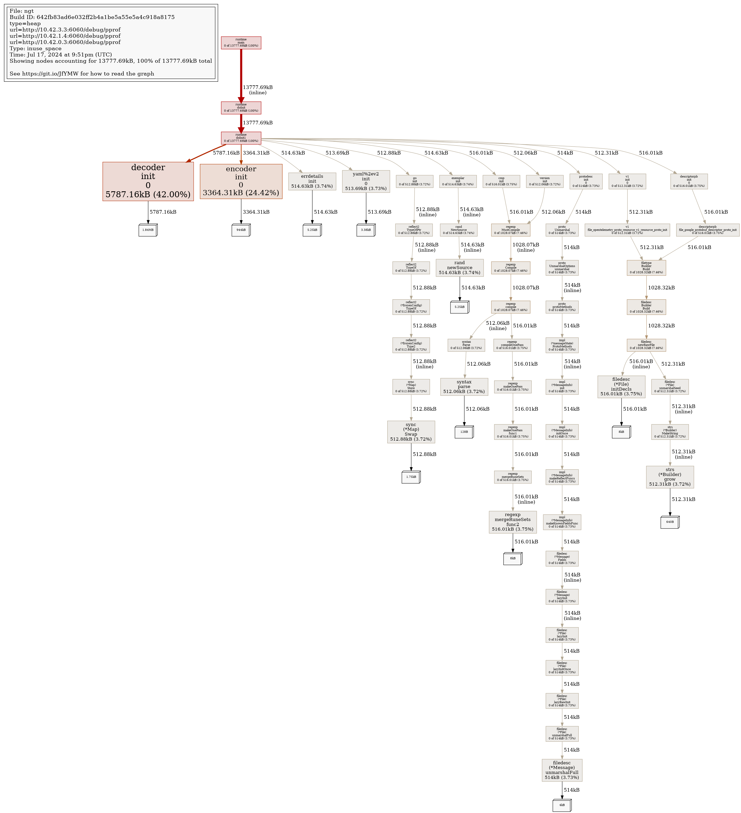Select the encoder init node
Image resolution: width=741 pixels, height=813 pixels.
click(x=241, y=181)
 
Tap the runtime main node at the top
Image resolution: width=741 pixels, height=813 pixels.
click(x=241, y=43)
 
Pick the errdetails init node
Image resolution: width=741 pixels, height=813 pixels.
click(x=312, y=181)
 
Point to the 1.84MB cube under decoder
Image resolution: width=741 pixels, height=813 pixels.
click(x=148, y=230)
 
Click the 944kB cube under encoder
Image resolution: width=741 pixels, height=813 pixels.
click(x=241, y=230)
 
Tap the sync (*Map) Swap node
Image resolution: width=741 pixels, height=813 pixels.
click(x=411, y=432)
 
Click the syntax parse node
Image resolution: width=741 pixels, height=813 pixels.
click(x=464, y=387)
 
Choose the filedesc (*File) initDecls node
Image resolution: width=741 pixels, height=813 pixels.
click(x=621, y=387)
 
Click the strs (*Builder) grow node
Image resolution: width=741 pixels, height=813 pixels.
click(x=670, y=477)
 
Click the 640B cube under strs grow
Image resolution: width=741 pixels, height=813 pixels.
click(x=670, y=522)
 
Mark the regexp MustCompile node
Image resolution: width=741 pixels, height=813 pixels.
click(x=511, y=230)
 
